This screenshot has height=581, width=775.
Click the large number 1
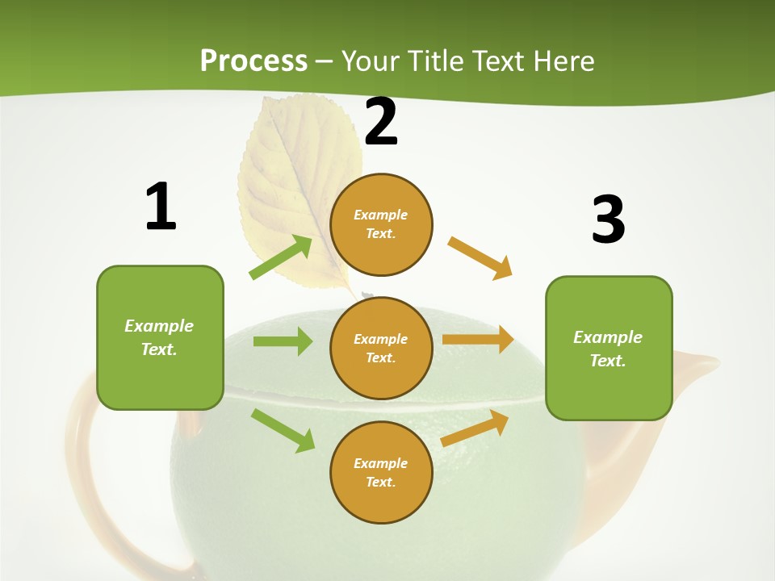(x=161, y=207)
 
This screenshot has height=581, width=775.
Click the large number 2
(x=381, y=123)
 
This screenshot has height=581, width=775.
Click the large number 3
(x=608, y=219)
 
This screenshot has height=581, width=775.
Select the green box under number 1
(x=160, y=337)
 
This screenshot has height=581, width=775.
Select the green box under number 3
(x=609, y=349)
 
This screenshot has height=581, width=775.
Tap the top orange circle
(x=381, y=224)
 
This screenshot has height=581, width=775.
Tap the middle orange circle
(x=381, y=349)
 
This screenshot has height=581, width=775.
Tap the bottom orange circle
(x=381, y=473)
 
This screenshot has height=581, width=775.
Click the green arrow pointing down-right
(x=283, y=430)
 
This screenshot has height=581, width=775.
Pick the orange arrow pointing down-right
(x=480, y=258)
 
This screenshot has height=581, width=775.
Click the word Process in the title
(x=253, y=61)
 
